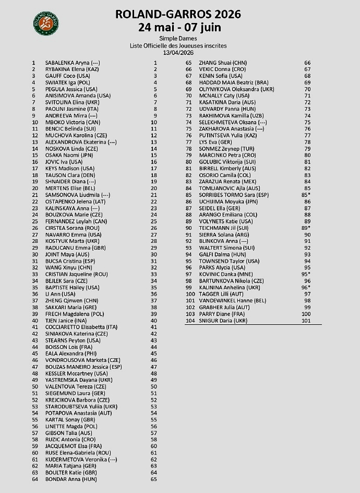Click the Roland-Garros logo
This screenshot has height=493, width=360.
pos(46,22)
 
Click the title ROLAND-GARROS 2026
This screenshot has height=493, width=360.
pos(178,15)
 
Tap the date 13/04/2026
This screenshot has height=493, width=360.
pos(178,52)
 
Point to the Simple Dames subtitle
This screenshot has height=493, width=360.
pos(178,39)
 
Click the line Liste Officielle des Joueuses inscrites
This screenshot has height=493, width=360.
pos(178,46)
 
